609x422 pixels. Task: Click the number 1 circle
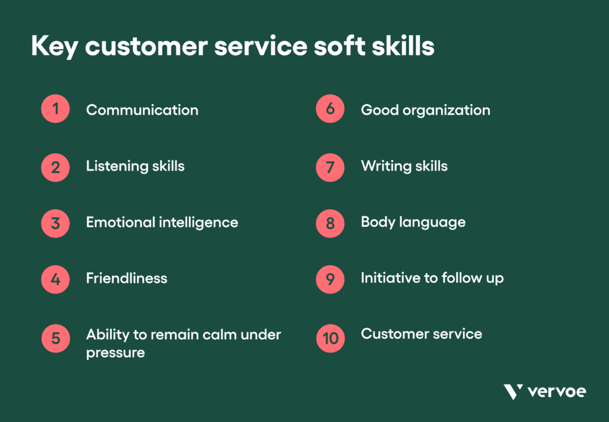55,109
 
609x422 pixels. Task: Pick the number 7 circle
330,167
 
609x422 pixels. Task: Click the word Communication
142,110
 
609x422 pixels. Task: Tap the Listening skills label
135,166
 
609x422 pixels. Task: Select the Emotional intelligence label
162,222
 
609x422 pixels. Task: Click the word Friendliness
127,278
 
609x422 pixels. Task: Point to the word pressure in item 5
115,352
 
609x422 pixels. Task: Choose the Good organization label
425,110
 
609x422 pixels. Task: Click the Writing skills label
404,166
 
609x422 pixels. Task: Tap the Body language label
413,222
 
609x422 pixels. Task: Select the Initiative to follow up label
432,278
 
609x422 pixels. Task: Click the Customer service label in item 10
421,333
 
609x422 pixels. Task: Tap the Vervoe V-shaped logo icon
513,392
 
